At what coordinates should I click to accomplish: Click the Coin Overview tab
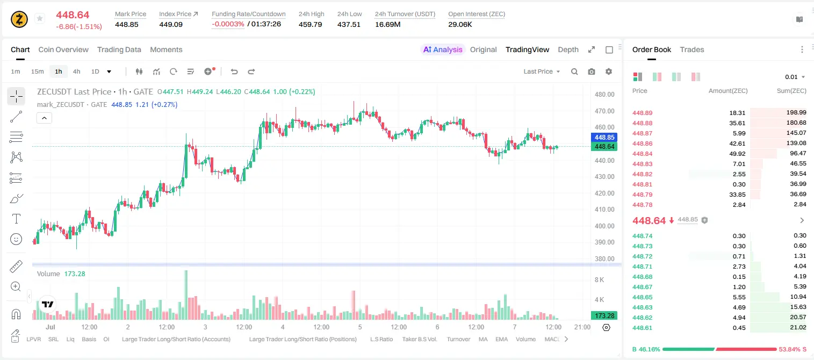pos(63,49)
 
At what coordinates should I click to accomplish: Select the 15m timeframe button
pos(37,71)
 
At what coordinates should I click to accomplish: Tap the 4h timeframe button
pos(76,71)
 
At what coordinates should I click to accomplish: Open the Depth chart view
pos(568,49)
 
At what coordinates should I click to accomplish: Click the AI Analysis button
pos(443,49)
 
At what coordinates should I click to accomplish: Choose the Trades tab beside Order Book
pos(692,49)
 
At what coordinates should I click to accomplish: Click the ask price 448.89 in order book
pos(642,113)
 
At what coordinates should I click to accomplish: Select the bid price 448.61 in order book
pos(642,328)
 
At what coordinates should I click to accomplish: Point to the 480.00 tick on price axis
pos(604,95)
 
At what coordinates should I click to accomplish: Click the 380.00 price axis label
pos(604,258)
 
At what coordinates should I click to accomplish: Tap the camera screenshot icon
pos(592,71)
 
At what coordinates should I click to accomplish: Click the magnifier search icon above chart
pos(574,71)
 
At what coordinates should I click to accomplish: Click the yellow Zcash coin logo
pos(19,19)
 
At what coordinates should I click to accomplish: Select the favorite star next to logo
pos(40,18)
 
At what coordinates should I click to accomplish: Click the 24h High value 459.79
pos(311,24)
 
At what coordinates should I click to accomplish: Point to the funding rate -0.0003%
pos(228,24)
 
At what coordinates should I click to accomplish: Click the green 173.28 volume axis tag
pos(604,316)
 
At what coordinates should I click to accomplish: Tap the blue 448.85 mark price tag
pos(604,138)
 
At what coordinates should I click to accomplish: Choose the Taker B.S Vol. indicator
pos(419,339)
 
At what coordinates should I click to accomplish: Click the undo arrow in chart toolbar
pos(234,71)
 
